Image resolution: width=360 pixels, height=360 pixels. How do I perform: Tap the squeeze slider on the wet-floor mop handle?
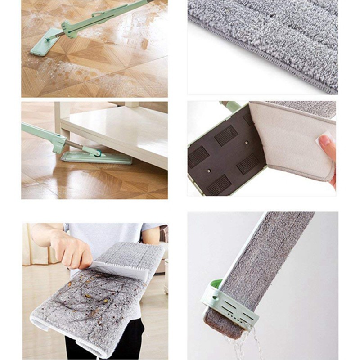(75, 28)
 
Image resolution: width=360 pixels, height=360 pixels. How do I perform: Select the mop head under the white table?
(96, 157)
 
